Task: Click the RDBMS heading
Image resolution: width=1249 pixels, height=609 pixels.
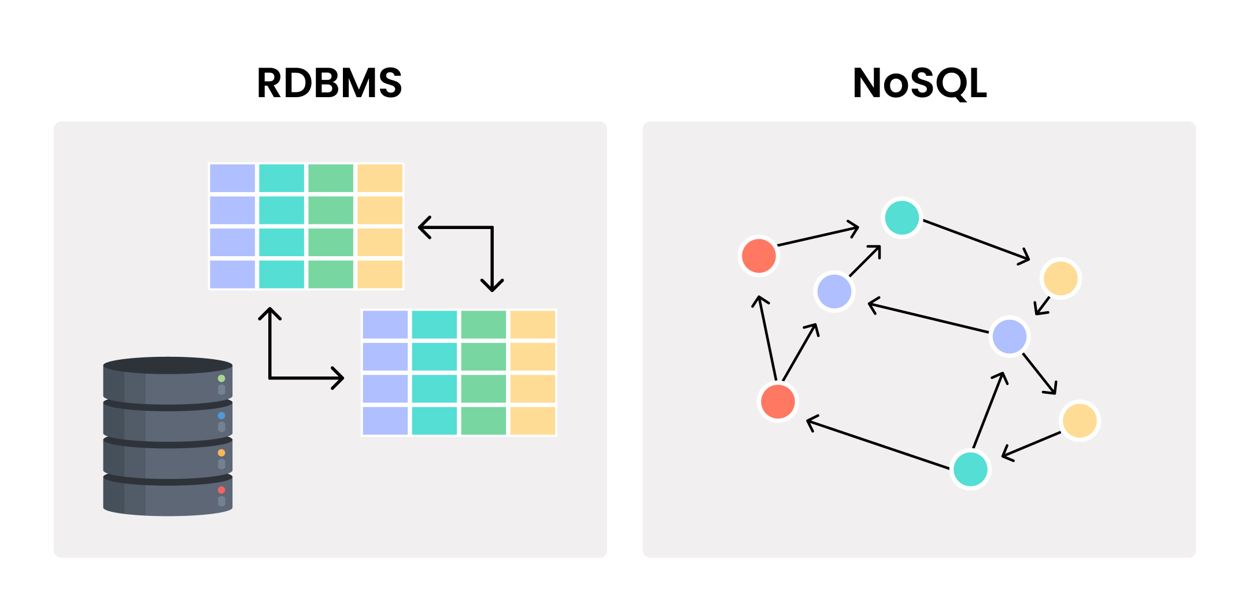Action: point(329,83)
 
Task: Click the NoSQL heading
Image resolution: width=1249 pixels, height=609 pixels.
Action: point(919,83)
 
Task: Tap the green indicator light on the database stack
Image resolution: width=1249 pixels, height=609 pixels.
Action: point(221,378)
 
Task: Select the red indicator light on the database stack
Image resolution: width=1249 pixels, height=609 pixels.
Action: point(221,490)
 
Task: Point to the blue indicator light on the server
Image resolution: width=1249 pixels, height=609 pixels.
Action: point(221,415)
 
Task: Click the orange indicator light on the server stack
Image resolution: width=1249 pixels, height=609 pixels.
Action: point(221,453)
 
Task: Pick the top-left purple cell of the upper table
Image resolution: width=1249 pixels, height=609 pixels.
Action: point(232,178)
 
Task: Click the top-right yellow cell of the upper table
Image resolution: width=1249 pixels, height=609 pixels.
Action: point(380,178)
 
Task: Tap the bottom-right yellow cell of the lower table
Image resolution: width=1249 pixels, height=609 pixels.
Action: point(533,420)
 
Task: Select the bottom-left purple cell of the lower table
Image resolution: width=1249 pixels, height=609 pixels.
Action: point(385,420)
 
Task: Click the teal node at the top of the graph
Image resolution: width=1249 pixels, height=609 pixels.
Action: point(902,217)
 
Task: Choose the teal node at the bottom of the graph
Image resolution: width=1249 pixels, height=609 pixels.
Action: point(970,469)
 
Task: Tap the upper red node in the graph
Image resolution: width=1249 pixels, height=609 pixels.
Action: point(759,255)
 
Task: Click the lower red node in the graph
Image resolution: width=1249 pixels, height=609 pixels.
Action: point(778,401)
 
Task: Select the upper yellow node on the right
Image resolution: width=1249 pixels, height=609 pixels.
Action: point(1060,278)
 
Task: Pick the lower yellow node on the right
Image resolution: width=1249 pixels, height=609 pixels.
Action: point(1080,420)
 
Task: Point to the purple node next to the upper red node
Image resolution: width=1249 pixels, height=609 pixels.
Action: point(834,291)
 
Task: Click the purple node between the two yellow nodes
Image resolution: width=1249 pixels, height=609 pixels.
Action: point(1010,336)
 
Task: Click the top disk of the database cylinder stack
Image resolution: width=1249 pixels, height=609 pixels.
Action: point(168,382)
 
